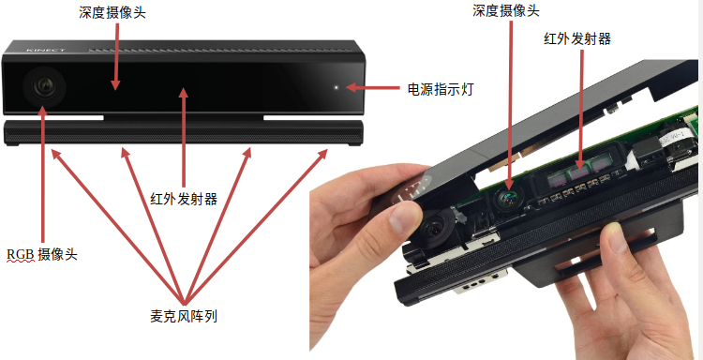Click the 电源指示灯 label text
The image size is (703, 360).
440,89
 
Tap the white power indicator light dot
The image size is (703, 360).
337,87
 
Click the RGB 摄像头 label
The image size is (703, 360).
42,254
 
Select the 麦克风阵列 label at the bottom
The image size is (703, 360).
184,317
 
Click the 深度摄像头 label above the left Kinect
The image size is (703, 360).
112,12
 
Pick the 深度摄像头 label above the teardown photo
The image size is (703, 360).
506,10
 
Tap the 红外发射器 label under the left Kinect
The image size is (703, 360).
184,198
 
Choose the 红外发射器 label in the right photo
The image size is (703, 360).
577,39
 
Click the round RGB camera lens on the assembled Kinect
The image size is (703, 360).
44,84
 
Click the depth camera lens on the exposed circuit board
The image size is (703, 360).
508,198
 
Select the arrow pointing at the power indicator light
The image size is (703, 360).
372,87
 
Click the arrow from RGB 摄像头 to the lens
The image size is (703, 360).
43,174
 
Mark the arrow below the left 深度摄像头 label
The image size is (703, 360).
116,56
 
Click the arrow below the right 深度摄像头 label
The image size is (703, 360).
511,104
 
